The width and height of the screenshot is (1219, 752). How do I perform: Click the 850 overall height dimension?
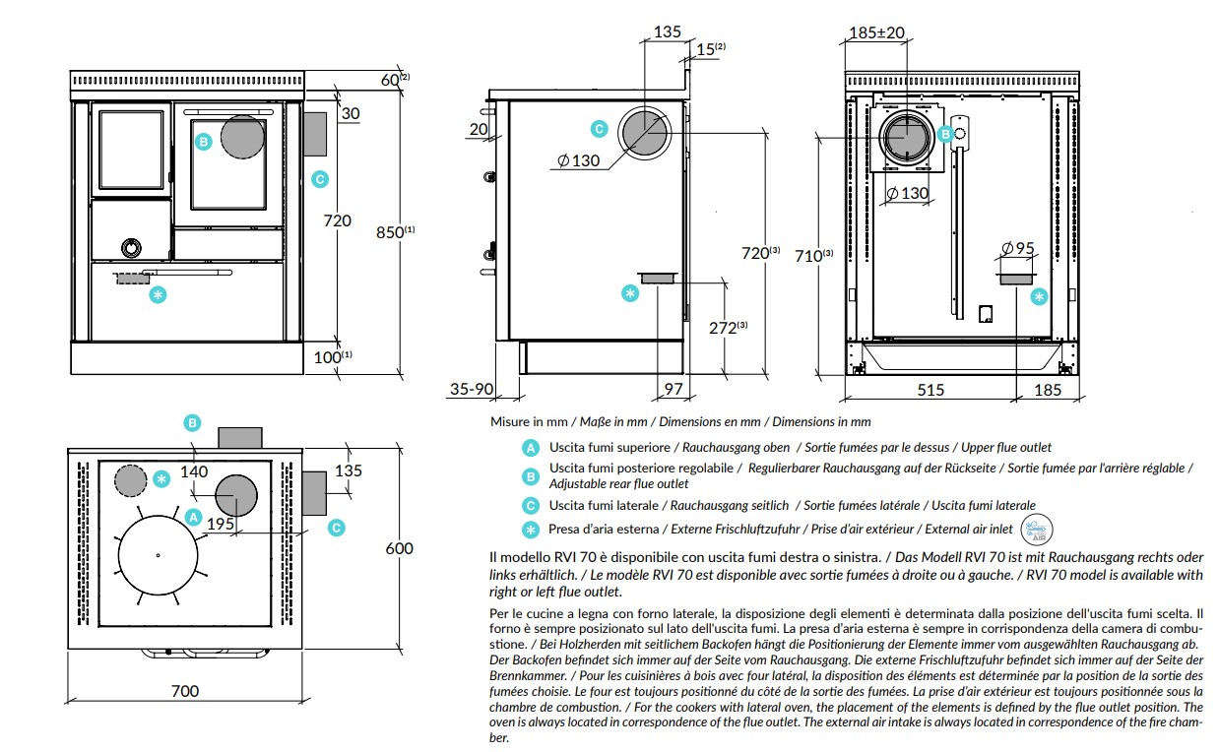(395, 232)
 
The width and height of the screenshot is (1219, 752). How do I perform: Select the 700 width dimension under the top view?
(185, 691)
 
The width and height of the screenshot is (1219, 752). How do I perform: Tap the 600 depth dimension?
(399, 548)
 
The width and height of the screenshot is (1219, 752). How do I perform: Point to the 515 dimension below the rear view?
(930, 390)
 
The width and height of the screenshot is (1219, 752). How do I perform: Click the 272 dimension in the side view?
(728, 328)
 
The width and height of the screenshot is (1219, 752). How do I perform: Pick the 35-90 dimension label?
(472, 389)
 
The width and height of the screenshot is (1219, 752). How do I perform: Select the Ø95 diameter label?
(1018, 248)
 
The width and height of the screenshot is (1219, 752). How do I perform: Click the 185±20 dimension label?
(876, 32)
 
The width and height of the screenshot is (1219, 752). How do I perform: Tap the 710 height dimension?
(813, 255)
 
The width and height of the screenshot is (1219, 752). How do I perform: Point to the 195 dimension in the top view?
(221, 524)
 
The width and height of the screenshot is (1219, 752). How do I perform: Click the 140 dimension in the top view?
(194, 471)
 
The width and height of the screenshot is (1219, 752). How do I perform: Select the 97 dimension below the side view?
(674, 389)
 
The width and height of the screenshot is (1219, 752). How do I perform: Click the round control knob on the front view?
(131, 248)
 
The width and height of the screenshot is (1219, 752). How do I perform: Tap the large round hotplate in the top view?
(158, 555)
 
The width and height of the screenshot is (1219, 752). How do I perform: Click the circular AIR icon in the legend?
(1036, 529)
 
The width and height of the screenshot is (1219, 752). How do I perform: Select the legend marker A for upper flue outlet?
(530, 448)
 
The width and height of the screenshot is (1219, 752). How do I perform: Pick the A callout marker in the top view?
(193, 517)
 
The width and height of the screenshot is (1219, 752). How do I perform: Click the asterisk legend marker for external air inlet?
(530, 529)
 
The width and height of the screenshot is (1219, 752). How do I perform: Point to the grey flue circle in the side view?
(644, 133)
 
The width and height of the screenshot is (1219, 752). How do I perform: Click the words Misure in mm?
(529, 421)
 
